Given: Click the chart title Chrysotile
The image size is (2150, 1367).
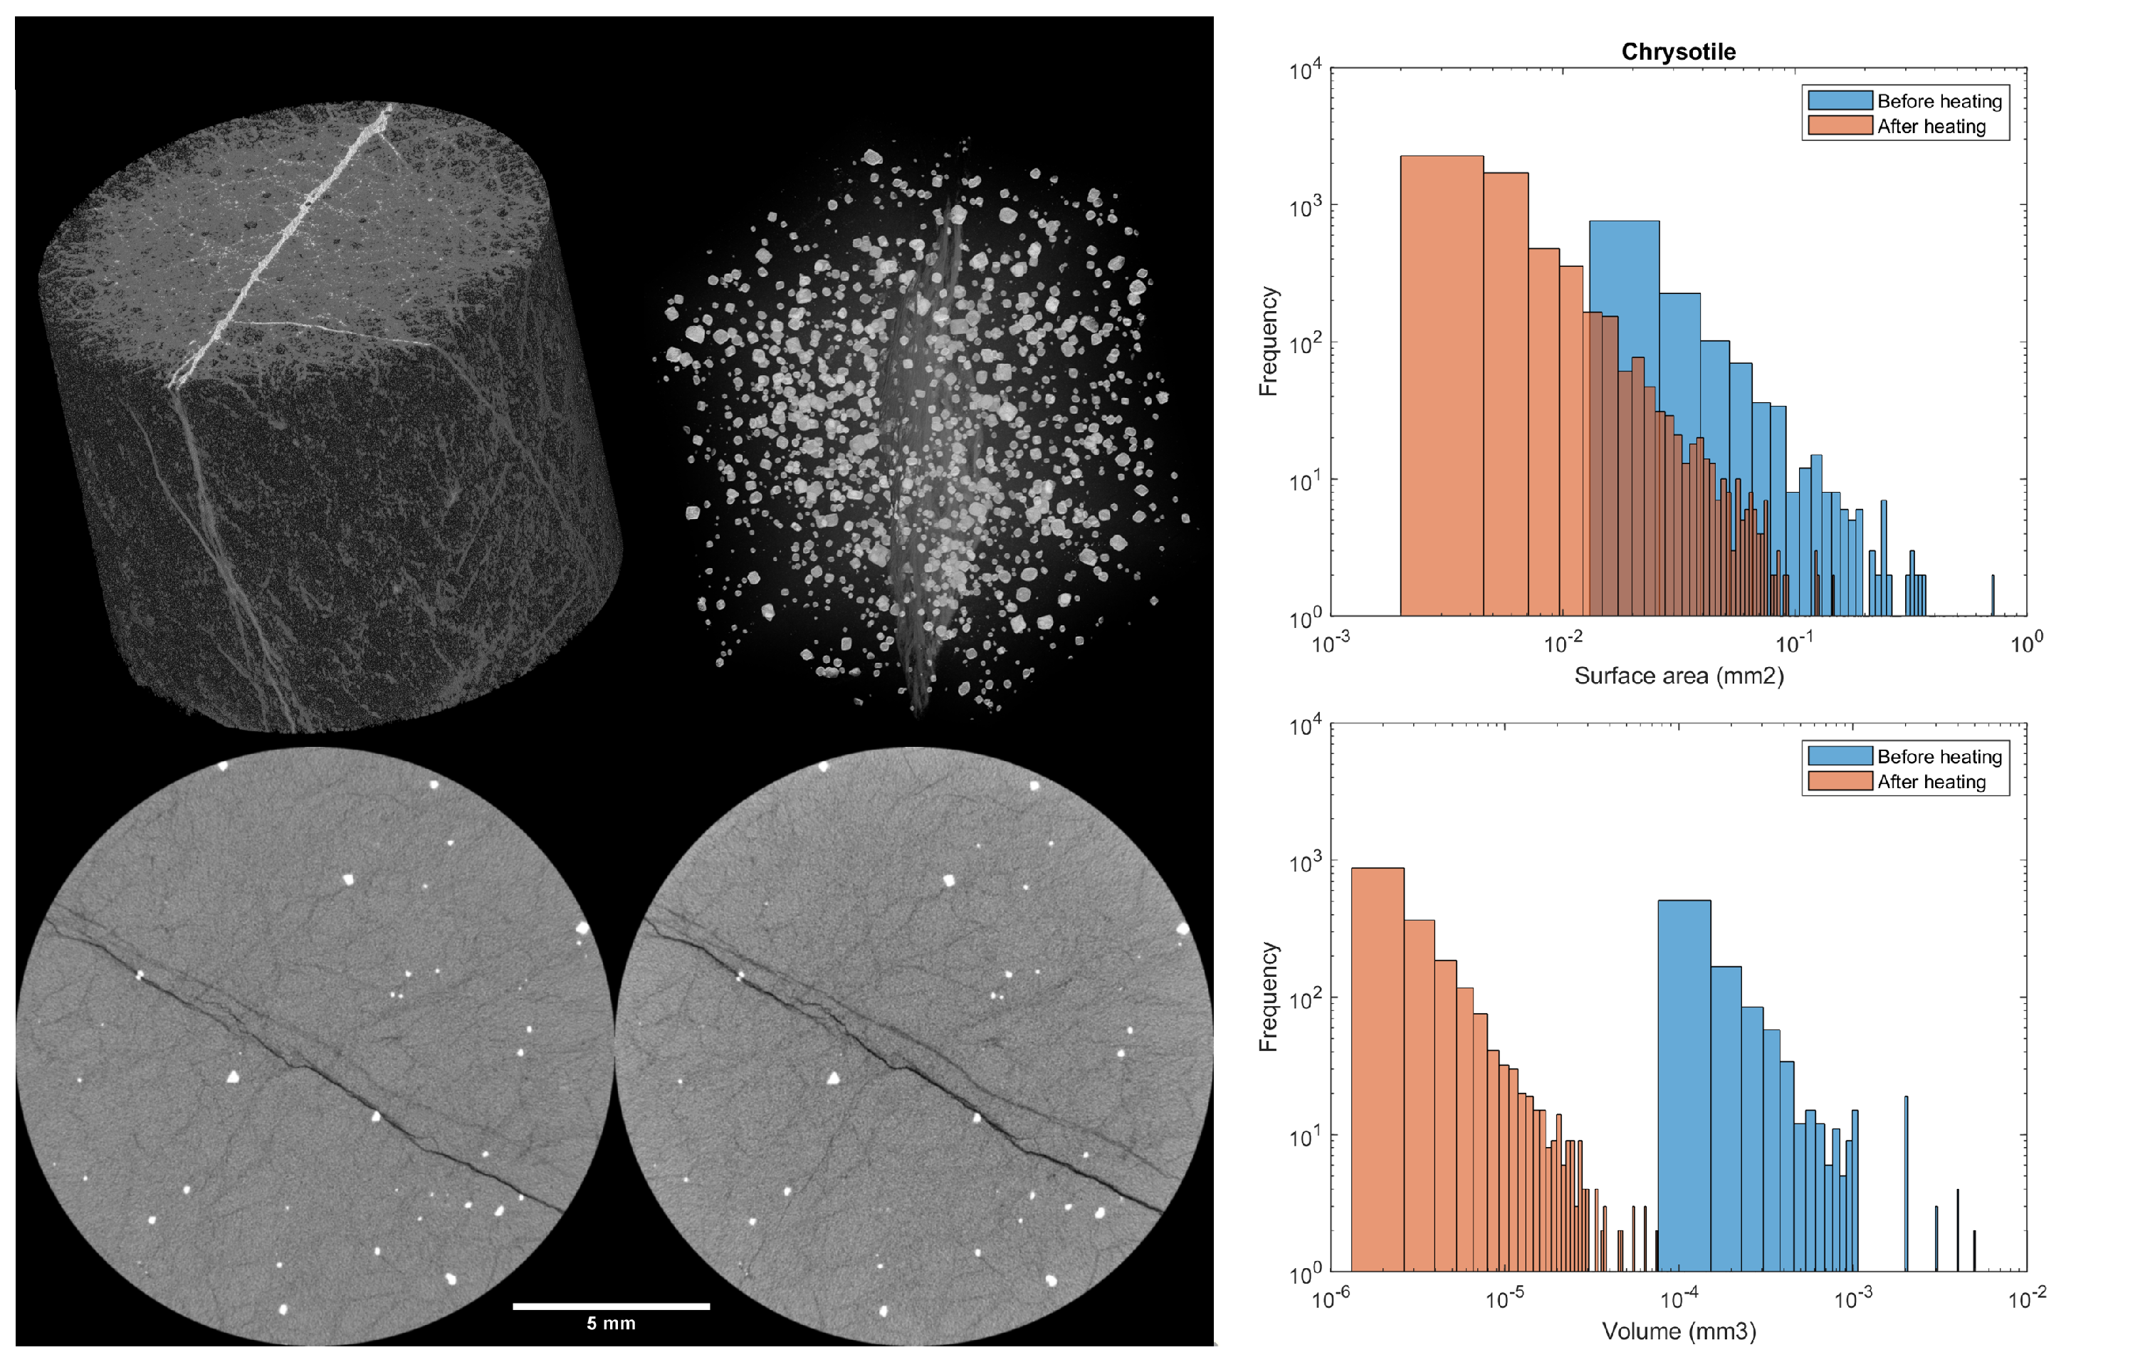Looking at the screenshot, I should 1678,52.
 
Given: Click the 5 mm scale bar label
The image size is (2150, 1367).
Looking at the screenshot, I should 611,1324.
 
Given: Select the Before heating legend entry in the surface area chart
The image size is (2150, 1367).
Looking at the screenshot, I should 1938,101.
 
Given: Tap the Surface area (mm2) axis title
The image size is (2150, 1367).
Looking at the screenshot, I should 1678,676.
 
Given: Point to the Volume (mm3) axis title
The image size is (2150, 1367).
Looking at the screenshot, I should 1678,1331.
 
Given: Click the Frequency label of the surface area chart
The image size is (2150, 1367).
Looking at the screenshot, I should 1268,341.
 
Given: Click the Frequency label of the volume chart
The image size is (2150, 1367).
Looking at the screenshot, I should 1268,997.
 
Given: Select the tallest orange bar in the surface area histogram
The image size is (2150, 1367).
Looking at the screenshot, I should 1441,384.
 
